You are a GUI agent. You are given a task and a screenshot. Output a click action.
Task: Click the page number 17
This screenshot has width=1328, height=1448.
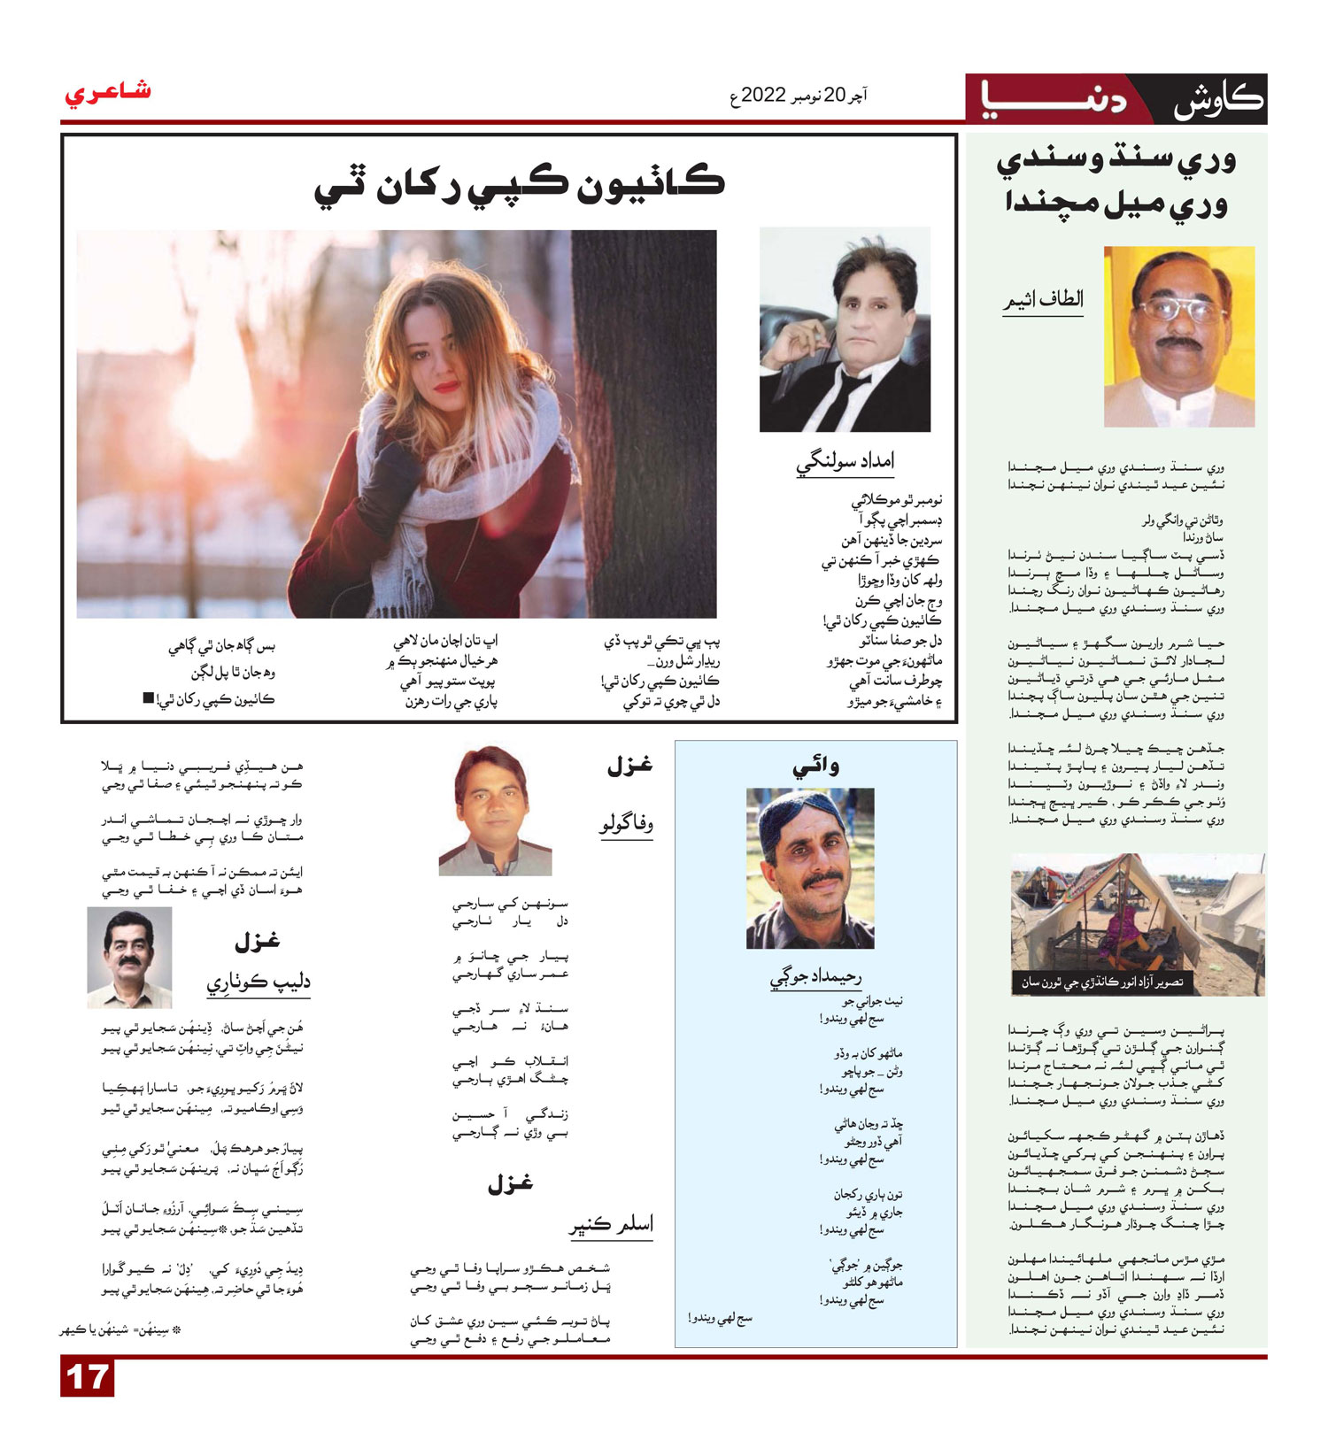point(87,1378)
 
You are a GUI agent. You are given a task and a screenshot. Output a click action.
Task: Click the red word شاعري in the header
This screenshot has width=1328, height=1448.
point(108,93)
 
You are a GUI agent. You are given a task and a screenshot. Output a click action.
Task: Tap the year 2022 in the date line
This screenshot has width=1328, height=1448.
point(763,95)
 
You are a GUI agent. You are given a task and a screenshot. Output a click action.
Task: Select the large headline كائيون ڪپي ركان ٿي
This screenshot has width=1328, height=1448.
point(520,183)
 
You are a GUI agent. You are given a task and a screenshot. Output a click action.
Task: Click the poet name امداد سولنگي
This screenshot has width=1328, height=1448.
point(845,460)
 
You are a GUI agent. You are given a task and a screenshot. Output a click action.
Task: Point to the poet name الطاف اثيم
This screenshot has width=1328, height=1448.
point(1043,299)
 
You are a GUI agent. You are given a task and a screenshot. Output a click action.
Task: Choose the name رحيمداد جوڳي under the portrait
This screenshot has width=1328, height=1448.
point(815,977)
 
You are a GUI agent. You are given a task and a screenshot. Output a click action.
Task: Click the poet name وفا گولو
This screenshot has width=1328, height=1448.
point(626,825)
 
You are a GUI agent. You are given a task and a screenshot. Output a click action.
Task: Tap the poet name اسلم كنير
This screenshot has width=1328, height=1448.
point(611,1225)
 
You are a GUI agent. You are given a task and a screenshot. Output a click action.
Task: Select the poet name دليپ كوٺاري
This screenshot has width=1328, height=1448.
point(259,982)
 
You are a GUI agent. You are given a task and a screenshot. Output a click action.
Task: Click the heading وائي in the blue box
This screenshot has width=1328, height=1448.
point(815,766)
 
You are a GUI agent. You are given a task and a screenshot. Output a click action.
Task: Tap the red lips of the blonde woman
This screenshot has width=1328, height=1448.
point(446,387)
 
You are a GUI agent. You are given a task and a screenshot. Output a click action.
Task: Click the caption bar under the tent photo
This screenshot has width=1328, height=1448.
point(1101,982)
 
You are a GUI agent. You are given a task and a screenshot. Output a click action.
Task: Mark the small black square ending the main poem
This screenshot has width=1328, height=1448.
point(148,698)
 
